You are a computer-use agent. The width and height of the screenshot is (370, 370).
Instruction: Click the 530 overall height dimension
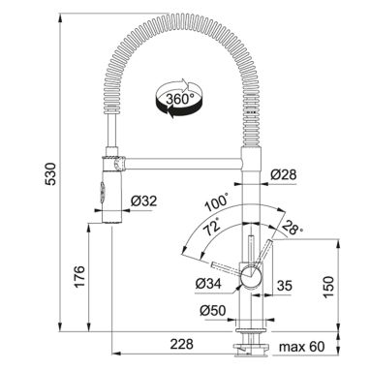click(x=50, y=173)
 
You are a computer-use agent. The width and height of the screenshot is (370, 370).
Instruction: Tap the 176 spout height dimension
click(x=79, y=276)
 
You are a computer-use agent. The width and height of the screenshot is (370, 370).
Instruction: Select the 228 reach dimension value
click(x=182, y=344)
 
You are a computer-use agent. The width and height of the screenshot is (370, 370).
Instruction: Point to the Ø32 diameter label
click(x=143, y=201)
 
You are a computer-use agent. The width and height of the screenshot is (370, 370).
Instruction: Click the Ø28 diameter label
click(x=283, y=174)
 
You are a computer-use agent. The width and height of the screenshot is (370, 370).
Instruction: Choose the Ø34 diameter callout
click(x=208, y=284)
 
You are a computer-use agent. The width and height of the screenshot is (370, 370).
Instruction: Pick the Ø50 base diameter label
click(x=212, y=311)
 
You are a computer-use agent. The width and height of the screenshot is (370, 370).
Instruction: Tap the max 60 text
click(x=301, y=347)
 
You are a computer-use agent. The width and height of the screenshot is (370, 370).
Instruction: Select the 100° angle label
click(x=217, y=201)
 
